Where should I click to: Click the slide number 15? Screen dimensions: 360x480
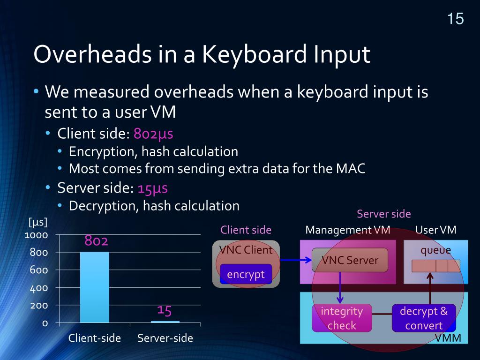[x=455, y=19]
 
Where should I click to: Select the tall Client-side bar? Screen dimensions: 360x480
[x=95, y=287]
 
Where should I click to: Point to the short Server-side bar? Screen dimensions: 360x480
[x=165, y=322]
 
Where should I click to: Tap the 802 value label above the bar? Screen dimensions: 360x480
[x=96, y=241]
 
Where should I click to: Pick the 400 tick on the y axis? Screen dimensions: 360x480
[x=39, y=288]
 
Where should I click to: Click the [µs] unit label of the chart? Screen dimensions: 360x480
[x=38, y=222]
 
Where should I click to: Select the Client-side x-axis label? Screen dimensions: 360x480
[x=95, y=338]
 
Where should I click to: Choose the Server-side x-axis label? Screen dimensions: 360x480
[x=165, y=338]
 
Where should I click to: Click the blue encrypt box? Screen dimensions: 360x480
[x=246, y=274]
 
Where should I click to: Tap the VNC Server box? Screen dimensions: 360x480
[x=350, y=260]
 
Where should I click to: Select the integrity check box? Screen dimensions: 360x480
[x=342, y=318]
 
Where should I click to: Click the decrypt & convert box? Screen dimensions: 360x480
[x=424, y=318]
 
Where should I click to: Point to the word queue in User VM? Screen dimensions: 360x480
[x=435, y=250]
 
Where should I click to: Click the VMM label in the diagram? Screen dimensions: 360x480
[x=448, y=338]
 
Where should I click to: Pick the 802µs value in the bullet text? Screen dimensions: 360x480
[x=153, y=134]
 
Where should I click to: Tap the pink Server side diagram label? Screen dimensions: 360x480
[x=383, y=214]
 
